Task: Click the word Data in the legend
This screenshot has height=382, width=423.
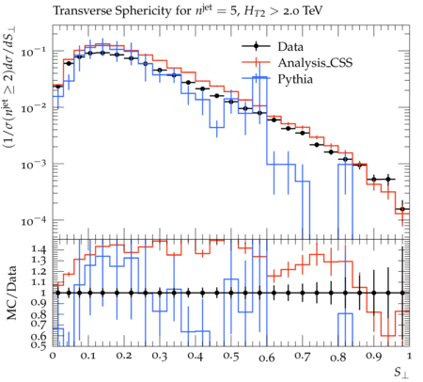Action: click(290, 47)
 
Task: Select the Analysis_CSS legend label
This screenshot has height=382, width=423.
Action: click(315, 63)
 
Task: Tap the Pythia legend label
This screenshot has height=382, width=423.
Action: click(295, 79)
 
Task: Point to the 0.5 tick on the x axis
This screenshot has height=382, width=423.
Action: click(231, 357)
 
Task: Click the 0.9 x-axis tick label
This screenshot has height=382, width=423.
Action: click(374, 357)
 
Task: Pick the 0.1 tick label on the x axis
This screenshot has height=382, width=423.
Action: click(88, 357)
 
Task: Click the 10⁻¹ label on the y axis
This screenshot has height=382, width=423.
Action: click(33, 51)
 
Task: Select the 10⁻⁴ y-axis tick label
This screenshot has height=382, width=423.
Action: click(33, 221)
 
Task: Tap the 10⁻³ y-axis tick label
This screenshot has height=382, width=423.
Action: click(33, 165)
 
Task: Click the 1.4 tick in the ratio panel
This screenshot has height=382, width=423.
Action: click(39, 250)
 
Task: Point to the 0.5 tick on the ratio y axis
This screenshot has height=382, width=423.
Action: click(39, 344)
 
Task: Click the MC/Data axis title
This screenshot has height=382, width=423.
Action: click(11, 293)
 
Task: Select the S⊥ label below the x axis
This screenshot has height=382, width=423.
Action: click(401, 373)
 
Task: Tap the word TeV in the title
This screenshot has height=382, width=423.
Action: click(311, 11)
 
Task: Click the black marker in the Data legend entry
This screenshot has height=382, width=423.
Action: click(256, 46)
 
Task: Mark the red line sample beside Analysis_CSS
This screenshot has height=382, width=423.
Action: click(256, 62)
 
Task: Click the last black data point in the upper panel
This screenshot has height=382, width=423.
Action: click(403, 209)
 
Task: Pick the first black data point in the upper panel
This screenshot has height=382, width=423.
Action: click(57, 87)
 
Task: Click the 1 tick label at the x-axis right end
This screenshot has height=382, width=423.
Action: click(409, 357)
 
